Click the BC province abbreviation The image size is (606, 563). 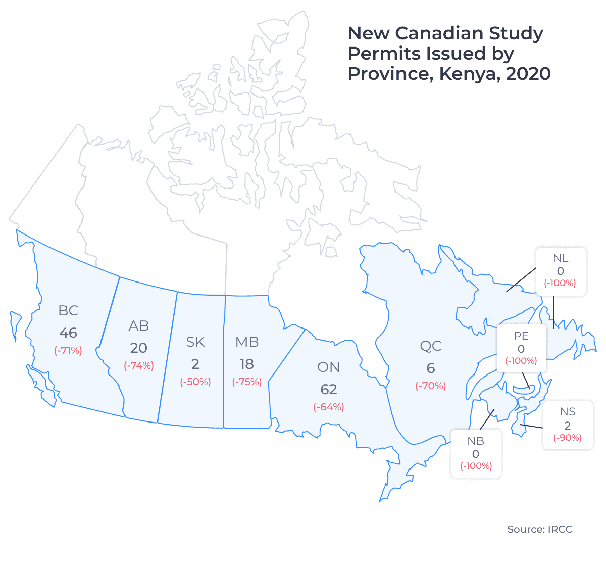68,310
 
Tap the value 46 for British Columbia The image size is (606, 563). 68,333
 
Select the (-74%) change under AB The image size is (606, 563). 139,365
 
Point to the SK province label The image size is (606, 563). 195,342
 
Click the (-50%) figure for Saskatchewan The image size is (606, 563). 195,382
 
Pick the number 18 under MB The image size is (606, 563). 247,364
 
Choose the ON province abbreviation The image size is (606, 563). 329,367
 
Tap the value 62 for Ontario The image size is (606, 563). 329,389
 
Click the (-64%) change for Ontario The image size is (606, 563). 329,407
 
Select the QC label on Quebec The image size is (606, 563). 431,346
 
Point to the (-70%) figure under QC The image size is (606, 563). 431,386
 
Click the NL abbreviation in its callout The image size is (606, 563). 561,258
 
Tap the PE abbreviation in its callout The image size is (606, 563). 521,336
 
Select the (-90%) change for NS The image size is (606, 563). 568,438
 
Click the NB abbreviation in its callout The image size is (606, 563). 476,441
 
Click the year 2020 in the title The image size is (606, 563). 528,74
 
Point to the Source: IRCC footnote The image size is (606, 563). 540,529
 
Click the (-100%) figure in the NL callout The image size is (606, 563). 560,283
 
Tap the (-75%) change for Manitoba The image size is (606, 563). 247,382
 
